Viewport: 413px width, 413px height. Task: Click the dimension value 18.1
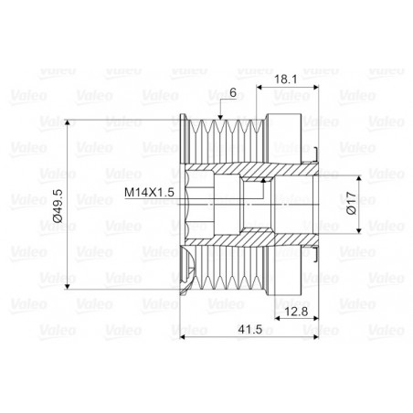tap(285, 79)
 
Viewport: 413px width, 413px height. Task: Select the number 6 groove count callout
tap(233, 92)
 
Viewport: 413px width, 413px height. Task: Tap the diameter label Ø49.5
tap(58, 206)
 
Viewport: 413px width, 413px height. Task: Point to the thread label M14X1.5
tap(149, 193)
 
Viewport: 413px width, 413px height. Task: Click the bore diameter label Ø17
tap(352, 203)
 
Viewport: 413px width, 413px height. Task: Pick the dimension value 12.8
tap(297, 312)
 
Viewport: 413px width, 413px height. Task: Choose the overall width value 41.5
tap(250, 329)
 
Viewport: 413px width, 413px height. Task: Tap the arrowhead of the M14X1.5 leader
tap(263, 180)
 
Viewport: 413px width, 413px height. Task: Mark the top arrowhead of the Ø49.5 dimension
tap(68, 122)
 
